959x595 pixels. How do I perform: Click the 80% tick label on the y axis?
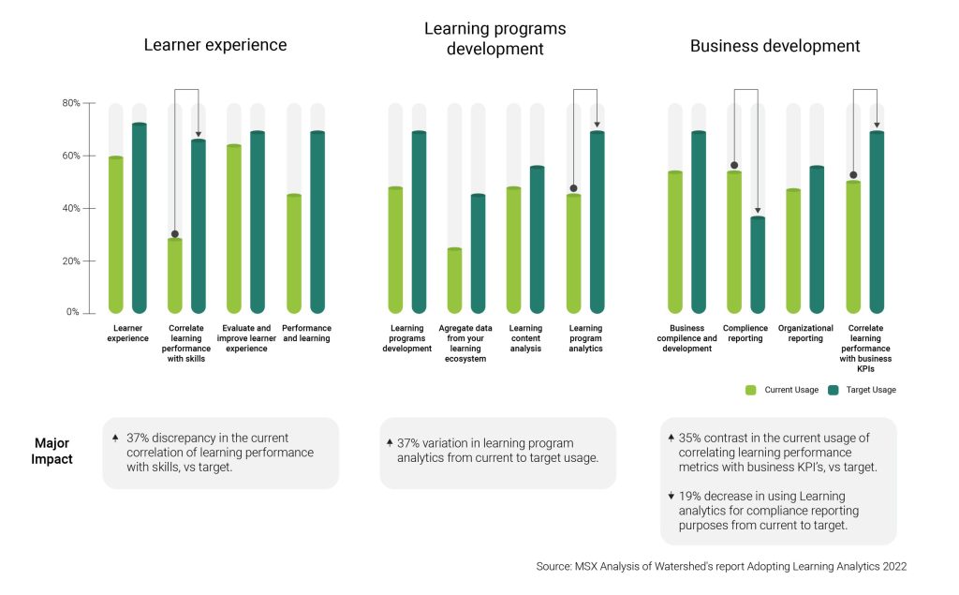71,103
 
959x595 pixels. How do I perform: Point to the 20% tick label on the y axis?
71,260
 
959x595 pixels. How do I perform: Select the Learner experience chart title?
214,45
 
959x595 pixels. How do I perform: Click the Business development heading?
775,46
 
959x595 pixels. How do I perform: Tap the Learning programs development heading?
494,37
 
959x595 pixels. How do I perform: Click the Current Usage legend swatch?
751,390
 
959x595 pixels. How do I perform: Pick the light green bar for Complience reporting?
734,242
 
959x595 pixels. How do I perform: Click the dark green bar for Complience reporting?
758,264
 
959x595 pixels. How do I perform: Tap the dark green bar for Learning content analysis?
537,239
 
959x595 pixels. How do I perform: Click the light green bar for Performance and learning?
294,253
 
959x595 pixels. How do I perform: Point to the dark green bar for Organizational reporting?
817,239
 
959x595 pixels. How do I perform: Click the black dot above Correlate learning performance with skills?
175,234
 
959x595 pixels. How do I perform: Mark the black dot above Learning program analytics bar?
573,188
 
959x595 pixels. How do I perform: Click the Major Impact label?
52,451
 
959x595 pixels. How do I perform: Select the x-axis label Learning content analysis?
525,338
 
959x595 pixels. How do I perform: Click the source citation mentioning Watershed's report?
721,567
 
